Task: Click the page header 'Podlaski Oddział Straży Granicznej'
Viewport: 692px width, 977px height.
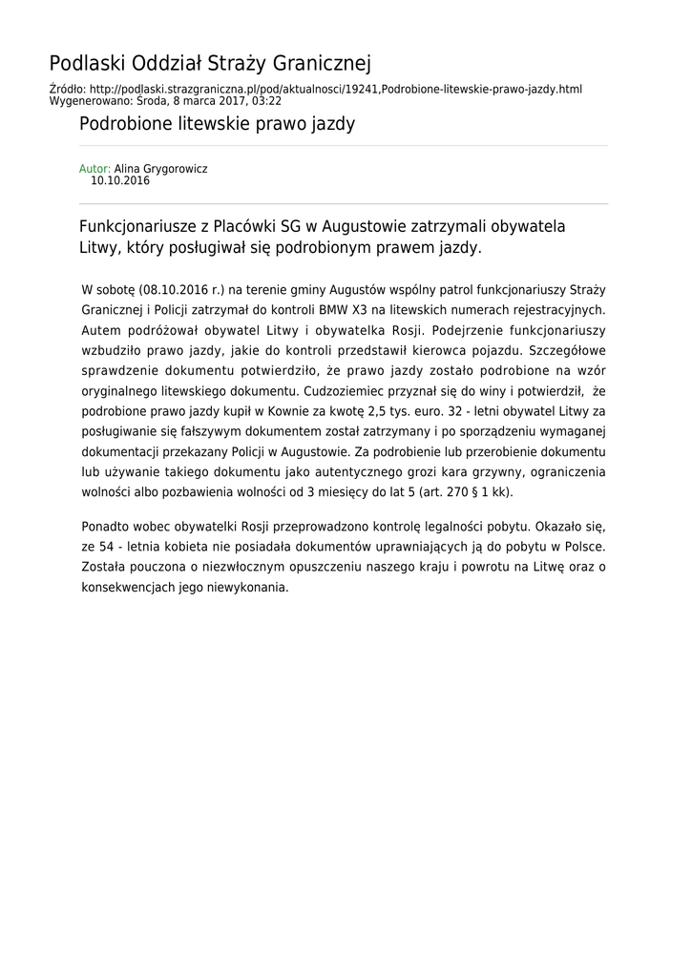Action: (210, 64)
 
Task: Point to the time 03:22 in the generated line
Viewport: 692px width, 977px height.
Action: (267, 99)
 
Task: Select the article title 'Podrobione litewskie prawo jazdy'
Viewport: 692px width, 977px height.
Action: (217, 124)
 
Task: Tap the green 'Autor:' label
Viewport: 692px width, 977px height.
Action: (94, 169)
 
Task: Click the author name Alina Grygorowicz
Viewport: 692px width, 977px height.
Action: (160, 169)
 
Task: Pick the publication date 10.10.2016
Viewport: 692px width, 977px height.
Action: (120, 180)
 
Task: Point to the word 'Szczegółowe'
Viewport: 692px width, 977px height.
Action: (569, 350)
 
